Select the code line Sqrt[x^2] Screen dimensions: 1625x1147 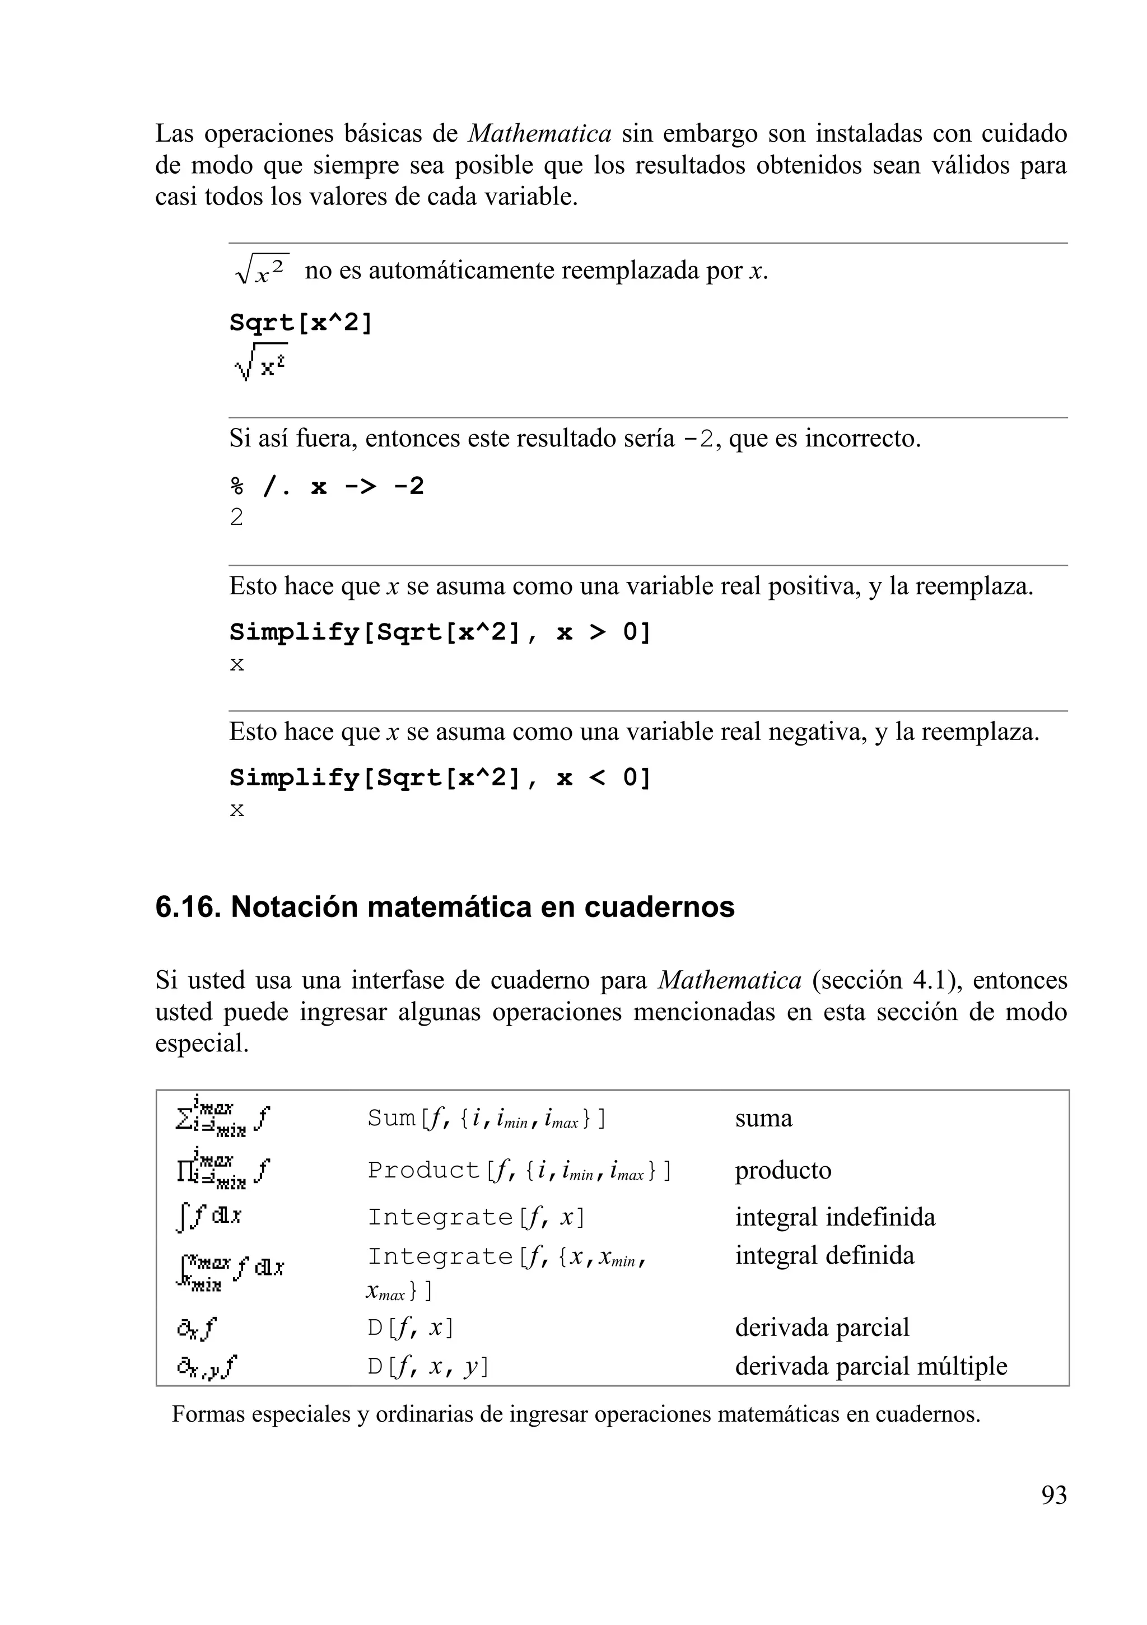[301, 323]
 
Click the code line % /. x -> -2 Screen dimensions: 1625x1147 [327, 486]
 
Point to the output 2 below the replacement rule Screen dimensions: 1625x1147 [236, 518]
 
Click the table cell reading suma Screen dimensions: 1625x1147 [763, 1118]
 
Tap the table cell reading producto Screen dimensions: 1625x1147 [782, 1170]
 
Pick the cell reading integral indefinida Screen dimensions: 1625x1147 [835, 1217]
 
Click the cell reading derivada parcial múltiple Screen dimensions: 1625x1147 [871, 1366]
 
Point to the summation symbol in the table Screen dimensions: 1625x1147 [183, 1118]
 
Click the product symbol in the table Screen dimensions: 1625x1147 [183, 1171]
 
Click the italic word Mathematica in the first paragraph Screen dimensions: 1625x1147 [540, 134]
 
